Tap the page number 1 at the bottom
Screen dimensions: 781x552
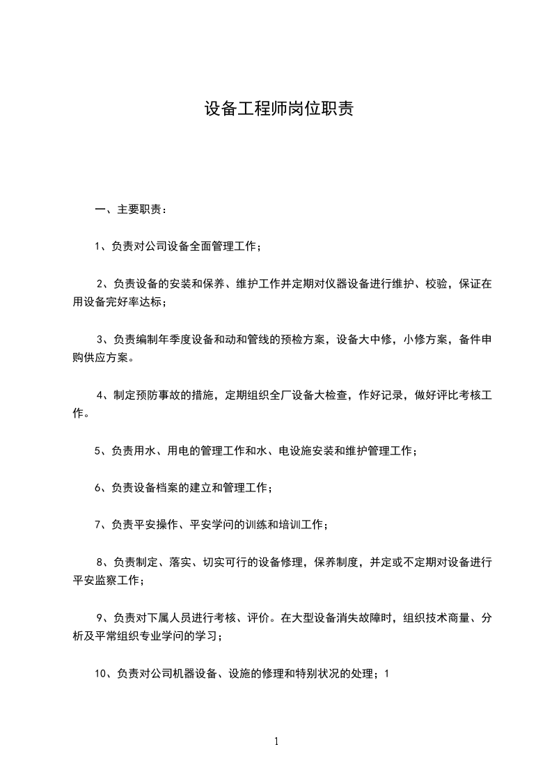[x=276, y=741]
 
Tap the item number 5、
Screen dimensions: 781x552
[x=102, y=451]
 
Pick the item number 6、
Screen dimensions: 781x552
[x=102, y=488]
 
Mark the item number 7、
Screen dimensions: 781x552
[x=102, y=525]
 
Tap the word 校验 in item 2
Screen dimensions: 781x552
[x=432, y=283]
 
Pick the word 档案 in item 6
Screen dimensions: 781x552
[x=167, y=488]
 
